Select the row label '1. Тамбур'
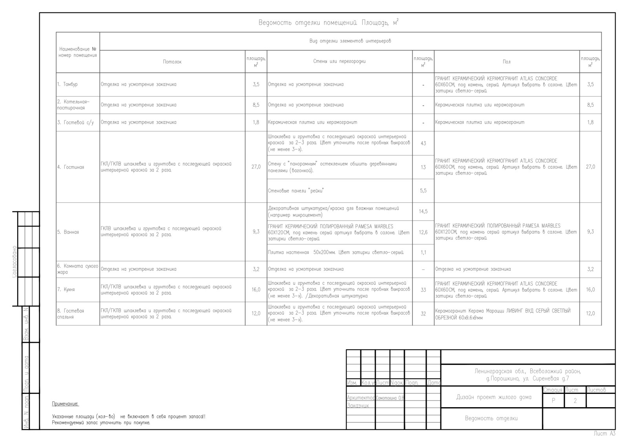click(67, 84)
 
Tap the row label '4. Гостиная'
click(71, 167)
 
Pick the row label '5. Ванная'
click(68, 232)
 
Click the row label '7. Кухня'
click(66, 290)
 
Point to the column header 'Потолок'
click(172, 62)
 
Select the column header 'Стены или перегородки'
click(340, 61)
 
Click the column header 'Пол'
click(507, 62)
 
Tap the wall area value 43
click(423, 143)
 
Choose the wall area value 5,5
click(423, 191)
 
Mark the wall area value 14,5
click(423, 211)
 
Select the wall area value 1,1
click(423, 252)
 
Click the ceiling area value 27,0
click(256, 167)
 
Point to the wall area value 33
click(423, 290)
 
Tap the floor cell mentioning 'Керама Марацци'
click(503, 314)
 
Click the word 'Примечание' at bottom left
click(65, 404)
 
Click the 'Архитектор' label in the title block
click(361, 397)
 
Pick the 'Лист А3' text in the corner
click(604, 433)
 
